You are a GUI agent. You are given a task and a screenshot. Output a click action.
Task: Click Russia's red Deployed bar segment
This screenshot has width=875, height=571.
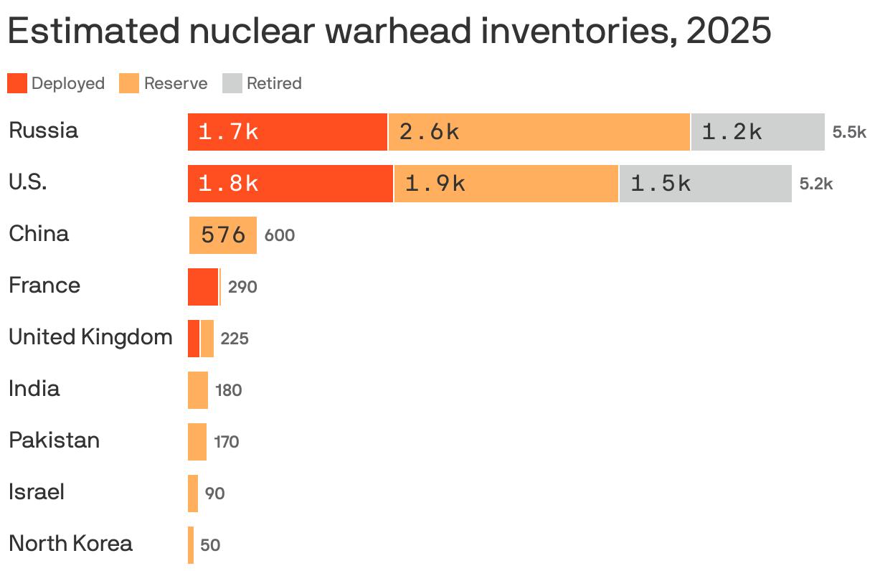(x=287, y=132)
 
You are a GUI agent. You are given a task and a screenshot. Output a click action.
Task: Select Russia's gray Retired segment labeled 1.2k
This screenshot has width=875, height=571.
(x=757, y=132)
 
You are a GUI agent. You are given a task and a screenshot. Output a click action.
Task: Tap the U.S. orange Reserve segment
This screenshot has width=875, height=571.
(x=506, y=184)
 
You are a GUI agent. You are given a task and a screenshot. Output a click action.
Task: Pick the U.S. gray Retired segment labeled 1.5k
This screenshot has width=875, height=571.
(x=705, y=184)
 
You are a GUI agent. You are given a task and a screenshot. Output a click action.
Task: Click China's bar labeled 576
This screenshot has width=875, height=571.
(x=223, y=235)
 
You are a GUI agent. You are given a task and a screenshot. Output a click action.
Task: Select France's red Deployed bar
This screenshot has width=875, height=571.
(x=203, y=287)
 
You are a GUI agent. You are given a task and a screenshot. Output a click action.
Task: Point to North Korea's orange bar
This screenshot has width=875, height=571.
(x=191, y=545)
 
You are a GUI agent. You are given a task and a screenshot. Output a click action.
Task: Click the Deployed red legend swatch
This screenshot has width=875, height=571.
(x=17, y=83)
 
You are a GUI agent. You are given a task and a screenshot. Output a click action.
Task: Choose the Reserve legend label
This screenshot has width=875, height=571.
(x=176, y=83)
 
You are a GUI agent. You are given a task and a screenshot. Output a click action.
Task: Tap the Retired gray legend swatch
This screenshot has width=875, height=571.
(x=232, y=83)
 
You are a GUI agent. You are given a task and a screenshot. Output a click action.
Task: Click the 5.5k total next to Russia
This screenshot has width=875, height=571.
(x=849, y=132)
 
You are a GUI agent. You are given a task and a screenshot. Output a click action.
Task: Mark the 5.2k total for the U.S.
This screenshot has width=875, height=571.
(x=816, y=184)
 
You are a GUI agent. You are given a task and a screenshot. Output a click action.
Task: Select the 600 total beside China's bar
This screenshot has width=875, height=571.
(x=280, y=235)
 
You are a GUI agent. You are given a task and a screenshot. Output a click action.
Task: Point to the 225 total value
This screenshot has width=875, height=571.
(x=235, y=339)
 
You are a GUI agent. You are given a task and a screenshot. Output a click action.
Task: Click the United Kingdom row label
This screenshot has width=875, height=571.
(x=90, y=337)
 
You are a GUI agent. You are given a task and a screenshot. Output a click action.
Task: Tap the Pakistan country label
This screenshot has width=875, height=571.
(x=54, y=440)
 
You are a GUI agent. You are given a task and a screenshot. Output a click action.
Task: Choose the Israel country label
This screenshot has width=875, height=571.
(x=37, y=492)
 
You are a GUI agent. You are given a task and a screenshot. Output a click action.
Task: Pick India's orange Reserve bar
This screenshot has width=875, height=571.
(x=198, y=390)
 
